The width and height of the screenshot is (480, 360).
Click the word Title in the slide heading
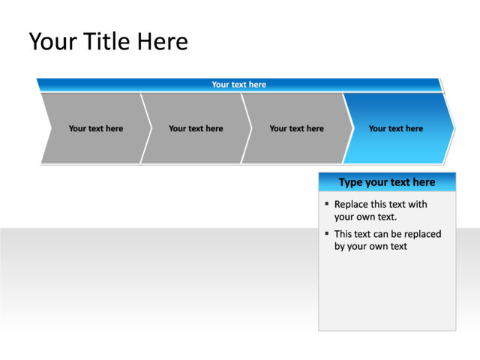pyautogui.click(x=106, y=41)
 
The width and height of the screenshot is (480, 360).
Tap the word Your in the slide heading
pyautogui.click(x=52, y=41)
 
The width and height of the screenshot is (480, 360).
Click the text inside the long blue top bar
pyautogui.click(x=238, y=85)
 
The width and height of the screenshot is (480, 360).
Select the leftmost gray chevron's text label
pyautogui.click(x=95, y=128)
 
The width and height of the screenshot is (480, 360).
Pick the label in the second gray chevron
pyautogui.click(x=196, y=128)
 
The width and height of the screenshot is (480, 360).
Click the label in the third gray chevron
pyautogui.click(x=296, y=128)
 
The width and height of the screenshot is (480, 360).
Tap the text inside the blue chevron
pyautogui.click(x=395, y=128)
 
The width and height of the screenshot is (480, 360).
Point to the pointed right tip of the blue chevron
pyautogui.click(x=453, y=128)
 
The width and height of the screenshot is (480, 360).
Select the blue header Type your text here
pyautogui.click(x=386, y=182)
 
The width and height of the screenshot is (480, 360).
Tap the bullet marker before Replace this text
pyautogui.click(x=327, y=204)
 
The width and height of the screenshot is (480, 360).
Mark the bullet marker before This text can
pyautogui.click(x=327, y=233)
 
